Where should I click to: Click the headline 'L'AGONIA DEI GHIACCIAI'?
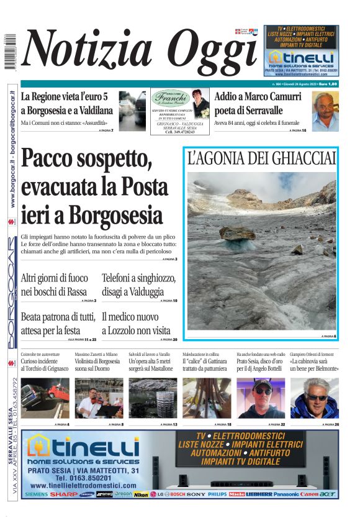tap(261, 158)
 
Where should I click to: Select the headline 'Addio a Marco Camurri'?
tap(258, 98)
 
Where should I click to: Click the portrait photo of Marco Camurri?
tap(325, 111)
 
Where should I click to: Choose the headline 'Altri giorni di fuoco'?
tap(55, 278)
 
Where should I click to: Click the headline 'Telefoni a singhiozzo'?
tap(139, 278)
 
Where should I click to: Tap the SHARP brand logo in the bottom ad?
tap(64, 495)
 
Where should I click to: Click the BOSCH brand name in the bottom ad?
tap(178, 495)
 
